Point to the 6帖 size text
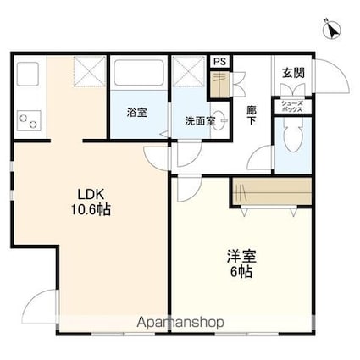(241, 273)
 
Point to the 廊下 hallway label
(253, 117)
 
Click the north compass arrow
(333, 29)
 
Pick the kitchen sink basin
(30, 76)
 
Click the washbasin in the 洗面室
(218, 120)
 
